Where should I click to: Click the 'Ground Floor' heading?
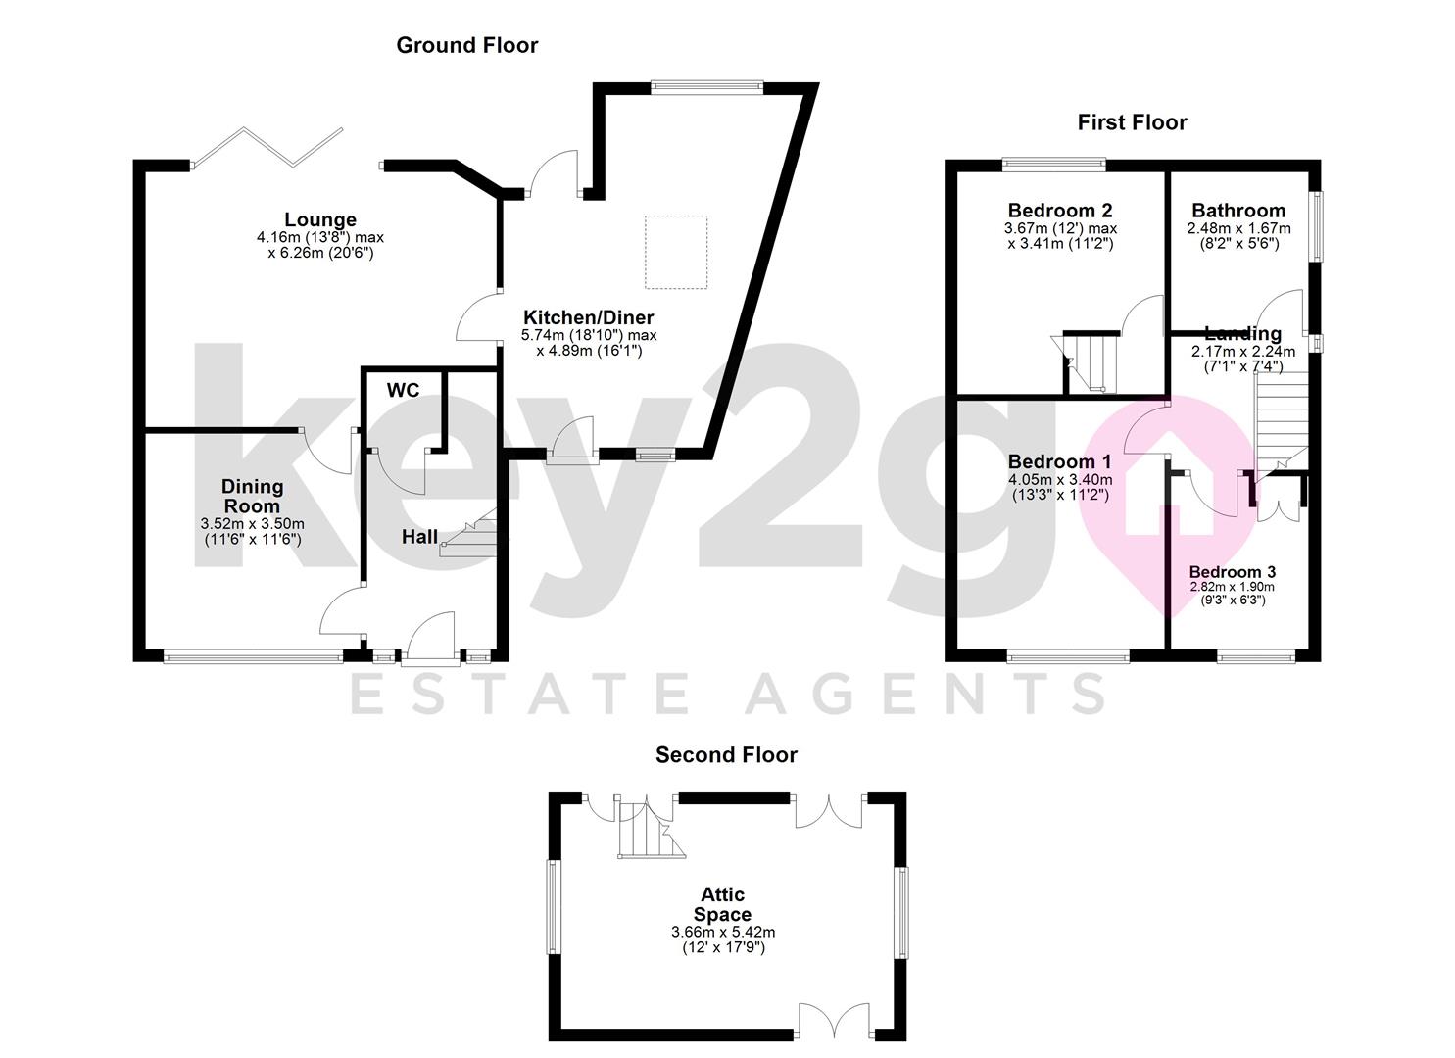click(466, 45)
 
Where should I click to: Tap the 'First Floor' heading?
click(1132, 122)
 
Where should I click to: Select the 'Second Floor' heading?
click(726, 755)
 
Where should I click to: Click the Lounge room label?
click(320, 219)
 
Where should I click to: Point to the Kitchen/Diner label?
click(588, 317)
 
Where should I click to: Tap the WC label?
click(403, 391)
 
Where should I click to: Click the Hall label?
click(419, 537)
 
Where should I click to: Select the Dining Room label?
click(252, 496)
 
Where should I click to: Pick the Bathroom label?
click(1238, 211)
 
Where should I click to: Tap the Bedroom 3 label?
click(1233, 572)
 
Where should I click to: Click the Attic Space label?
click(723, 904)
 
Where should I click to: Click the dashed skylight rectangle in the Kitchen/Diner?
click(676, 252)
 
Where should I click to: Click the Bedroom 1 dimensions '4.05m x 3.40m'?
click(1060, 480)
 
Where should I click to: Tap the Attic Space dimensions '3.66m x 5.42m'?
click(723, 933)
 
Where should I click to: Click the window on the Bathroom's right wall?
click(1318, 225)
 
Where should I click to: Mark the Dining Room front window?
click(253, 657)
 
